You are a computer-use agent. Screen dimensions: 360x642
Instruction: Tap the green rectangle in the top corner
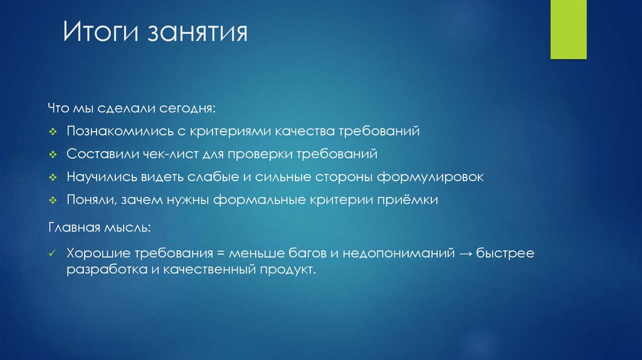[568, 29]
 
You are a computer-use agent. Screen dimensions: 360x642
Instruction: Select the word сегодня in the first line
[192, 109]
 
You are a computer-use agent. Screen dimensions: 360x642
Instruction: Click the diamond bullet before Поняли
[53, 201]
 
